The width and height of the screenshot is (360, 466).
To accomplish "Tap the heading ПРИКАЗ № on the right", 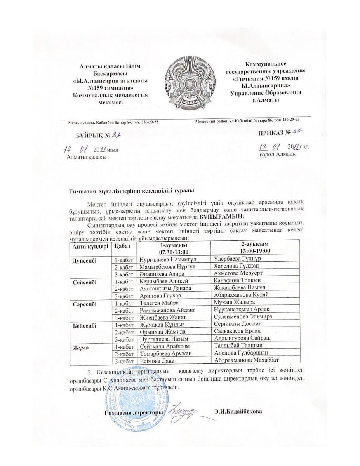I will click(275, 133).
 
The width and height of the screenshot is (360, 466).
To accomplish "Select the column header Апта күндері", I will click(88, 246).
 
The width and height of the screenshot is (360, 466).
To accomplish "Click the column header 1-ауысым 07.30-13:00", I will click(174, 249).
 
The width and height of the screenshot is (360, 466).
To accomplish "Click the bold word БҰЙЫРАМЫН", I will click(223, 216).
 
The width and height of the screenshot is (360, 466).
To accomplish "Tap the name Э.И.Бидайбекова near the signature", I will click(238, 411).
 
